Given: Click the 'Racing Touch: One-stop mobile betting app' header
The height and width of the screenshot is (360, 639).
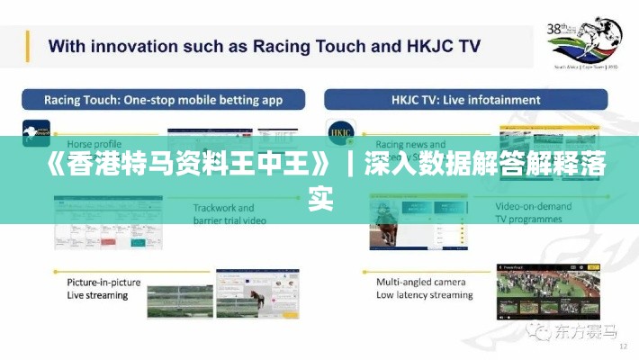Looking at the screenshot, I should coord(151,100).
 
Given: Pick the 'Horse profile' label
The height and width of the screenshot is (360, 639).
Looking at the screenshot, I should coord(94,143).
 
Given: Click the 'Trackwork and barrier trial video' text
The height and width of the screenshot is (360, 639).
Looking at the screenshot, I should coord(229,213).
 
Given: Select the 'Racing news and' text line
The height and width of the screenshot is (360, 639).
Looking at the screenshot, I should coord(410,143).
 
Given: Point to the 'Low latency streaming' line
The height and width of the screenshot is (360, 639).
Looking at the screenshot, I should coord(425,294).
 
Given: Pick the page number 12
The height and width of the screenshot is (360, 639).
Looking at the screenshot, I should coord(623,346).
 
